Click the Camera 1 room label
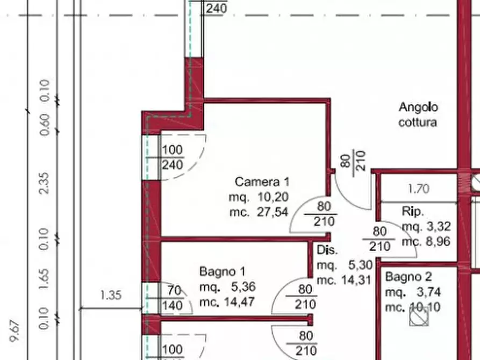point(262,182)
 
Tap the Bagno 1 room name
point(222,271)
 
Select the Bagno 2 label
point(409,276)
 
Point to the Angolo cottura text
point(418,114)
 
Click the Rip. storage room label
point(413,211)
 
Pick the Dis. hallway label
point(327,250)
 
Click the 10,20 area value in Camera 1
point(273,197)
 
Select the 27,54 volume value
point(273,212)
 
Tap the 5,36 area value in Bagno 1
point(243,286)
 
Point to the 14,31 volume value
point(356,279)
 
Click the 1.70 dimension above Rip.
point(419,189)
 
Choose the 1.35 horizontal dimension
point(111,295)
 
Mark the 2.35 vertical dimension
point(44,183)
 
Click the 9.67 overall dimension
point(15,330)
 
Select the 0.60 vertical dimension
point(45,125)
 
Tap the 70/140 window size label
point(173,298)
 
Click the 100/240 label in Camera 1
point(172,157)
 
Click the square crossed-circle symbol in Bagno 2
point(419,316)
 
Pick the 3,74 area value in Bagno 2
point(428,292)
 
